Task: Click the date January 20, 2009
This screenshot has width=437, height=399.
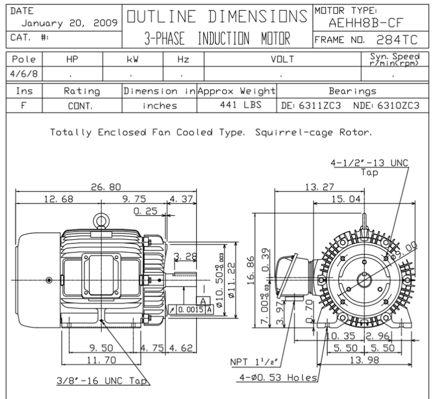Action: coord(69,23)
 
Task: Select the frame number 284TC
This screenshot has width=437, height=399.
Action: coord(397,40)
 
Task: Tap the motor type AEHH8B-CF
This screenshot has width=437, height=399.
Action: coord(366,23)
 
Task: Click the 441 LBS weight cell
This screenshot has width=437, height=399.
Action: coord(240,105)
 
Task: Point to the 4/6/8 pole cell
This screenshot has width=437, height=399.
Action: coord(23,74)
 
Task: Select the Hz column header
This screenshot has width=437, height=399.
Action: coord(183,59)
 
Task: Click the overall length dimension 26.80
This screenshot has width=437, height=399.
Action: coord(106,187)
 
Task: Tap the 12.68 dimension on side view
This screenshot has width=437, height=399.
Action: coord(58,199)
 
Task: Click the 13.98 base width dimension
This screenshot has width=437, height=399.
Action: coord(364,360)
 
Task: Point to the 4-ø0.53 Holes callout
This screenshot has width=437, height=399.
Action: coord(277,377)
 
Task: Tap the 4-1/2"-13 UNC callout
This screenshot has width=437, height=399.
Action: coord(369,163)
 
